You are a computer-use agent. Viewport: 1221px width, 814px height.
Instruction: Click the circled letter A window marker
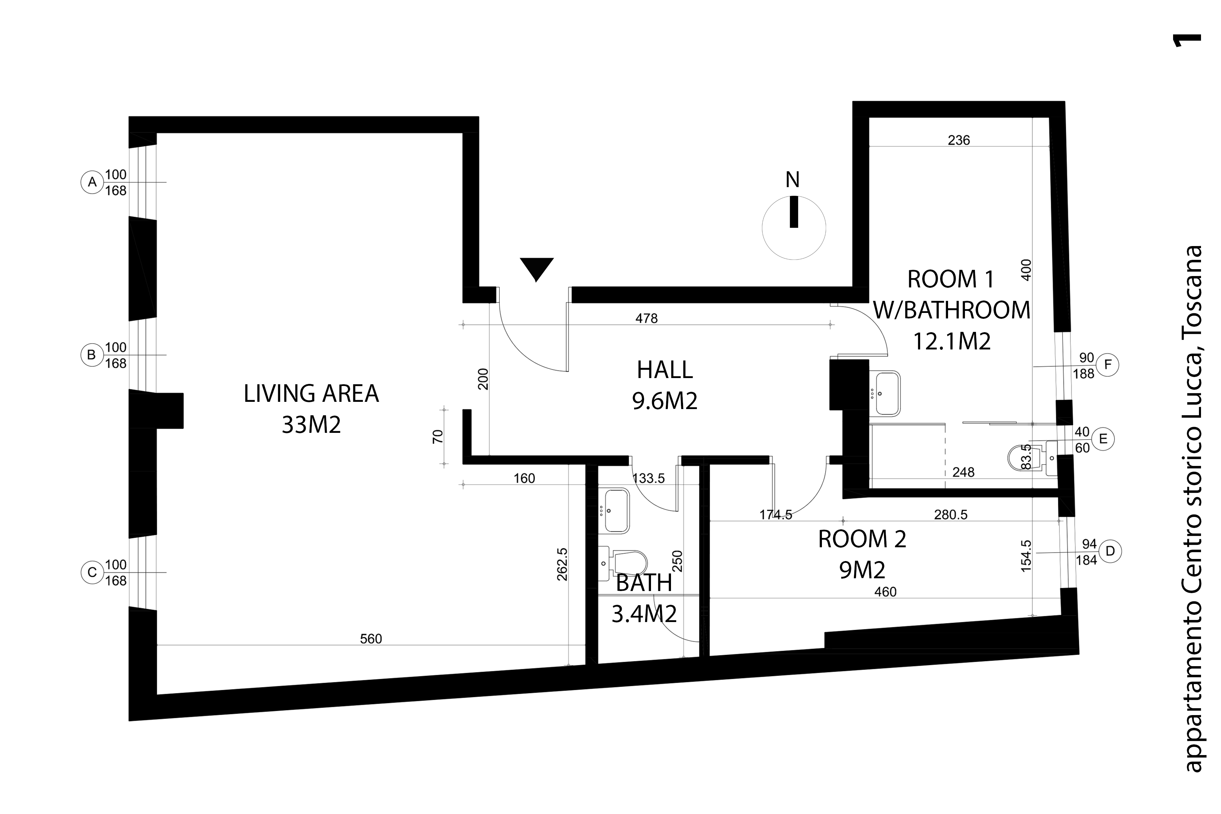(x=92, y=182)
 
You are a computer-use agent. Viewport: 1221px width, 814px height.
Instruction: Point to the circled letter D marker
(x=1110, y=551)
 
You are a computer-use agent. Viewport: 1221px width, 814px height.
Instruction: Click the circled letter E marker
(x=1103, y=439)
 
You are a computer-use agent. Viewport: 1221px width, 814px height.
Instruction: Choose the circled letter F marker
(x=1108, y=365)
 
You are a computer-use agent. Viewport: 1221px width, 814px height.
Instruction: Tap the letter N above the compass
(x=792, y=180)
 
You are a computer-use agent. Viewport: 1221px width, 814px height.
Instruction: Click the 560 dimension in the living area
(x=371, y=639)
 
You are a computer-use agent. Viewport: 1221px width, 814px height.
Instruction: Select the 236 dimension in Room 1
(x=959, y=140)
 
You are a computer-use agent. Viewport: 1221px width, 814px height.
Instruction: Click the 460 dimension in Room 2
(x=885, y=592)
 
